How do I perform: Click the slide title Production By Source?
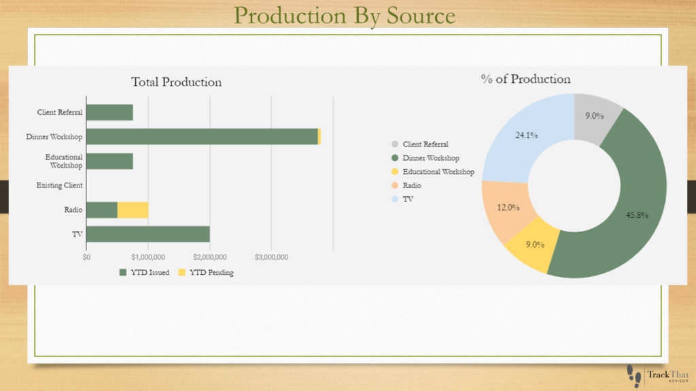coord(345,16)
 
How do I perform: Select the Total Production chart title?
coord(176,82)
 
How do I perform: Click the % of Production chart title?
coord(525,79)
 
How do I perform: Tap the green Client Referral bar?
coord(109,113)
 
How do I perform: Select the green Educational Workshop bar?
coord(109,162)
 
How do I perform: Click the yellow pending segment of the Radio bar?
coord(133,210)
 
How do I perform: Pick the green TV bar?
coord(148,234)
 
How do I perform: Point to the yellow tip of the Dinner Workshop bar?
coord(319,136)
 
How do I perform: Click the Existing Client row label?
coord(60,185)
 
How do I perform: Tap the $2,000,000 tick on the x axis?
coord(210,257)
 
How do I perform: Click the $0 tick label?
coord(86,257)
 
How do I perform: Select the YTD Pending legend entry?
coord(206,273)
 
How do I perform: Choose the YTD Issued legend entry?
coord(144,273)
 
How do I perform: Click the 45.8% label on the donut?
coord(637,215)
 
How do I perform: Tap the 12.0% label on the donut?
coord(508,208)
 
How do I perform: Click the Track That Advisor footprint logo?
coord(658,376)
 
